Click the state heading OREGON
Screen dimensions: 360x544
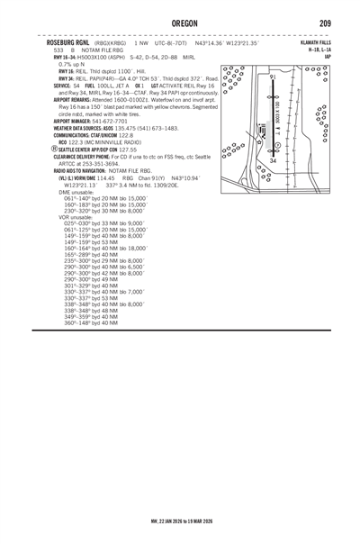tap(179, 23)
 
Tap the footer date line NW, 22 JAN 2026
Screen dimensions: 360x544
tap(179, 519)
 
